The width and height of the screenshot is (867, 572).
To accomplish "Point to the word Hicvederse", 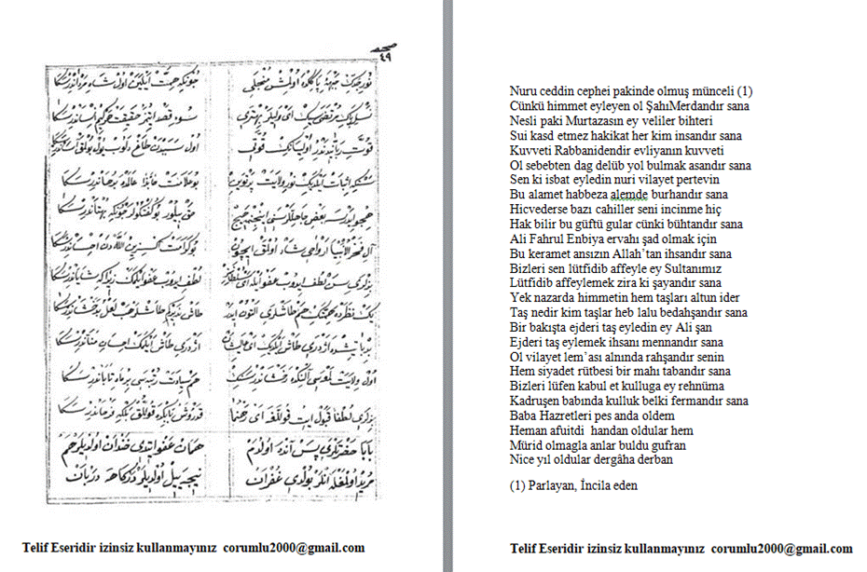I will pos(538,210).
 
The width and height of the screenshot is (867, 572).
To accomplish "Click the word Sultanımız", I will pos(692,268).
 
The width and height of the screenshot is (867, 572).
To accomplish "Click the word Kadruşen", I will pos(532,401).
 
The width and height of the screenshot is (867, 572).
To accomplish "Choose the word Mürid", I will pos(524,445).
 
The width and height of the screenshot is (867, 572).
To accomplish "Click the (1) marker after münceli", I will pos(744,91).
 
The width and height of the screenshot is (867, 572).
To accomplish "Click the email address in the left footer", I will pos(300,549).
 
